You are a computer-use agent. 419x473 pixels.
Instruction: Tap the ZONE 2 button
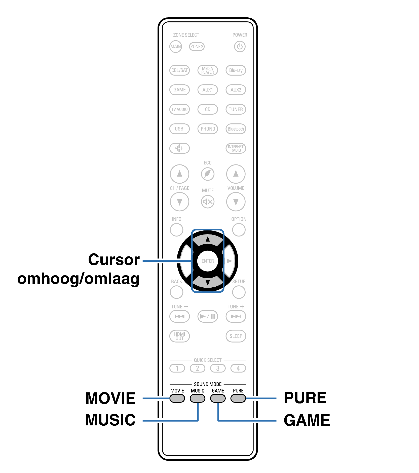[x=197, y=47]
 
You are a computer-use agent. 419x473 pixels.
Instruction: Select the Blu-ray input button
[x=236, y=70]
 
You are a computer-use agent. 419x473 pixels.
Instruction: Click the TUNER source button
[x=236, y=109]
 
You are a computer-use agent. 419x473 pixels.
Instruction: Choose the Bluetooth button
[x=236, y=129]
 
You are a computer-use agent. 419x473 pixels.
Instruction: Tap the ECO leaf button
[x=208, y=174]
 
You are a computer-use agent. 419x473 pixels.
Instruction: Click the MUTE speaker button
[x=208, y=202]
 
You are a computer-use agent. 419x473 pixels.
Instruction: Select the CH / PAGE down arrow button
[x=179, y=202]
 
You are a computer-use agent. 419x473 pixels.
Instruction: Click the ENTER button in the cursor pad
[x=208, y=261]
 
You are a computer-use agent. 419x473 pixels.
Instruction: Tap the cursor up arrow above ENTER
[x=208, y=239]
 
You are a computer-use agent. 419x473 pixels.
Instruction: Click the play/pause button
[x=208, y=316]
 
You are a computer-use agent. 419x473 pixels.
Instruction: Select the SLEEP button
[x=236, y=336]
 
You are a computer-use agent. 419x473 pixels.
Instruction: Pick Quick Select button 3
[x=218, y=368]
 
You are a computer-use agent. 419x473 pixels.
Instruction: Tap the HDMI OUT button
[x=179, y=336]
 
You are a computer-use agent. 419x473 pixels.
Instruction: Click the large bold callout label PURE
[x=305, y=398]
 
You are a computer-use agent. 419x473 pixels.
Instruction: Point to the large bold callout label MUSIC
[x=110, y=420]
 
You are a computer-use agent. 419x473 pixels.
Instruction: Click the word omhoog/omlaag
[x=78, y=279]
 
